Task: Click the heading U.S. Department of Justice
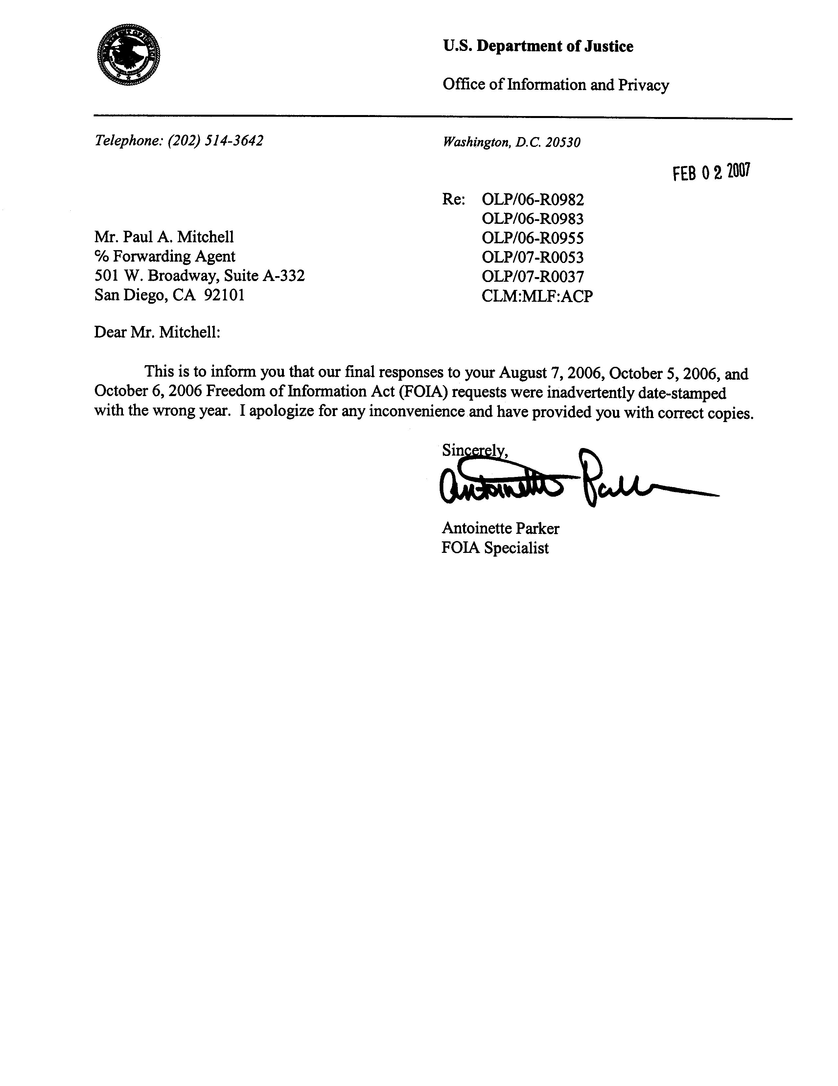point(538,46)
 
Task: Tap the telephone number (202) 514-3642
point(215,141)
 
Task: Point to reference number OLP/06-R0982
point(532,200)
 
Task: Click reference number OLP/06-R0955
point(532,238)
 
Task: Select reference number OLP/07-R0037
point(532,276)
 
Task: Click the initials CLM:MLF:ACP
point(537,296)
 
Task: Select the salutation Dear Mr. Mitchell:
point(157,332)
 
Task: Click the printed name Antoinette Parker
point(500,528)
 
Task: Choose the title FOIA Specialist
point(495,548)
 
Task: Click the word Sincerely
point(474,451)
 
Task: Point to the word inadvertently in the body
point(590,393)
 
